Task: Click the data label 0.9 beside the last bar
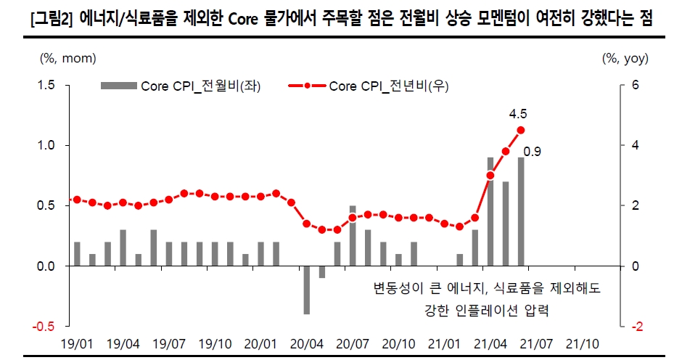tap(533, 152)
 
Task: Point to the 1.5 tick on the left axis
tap(47, 86)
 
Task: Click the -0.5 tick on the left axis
tap(45, 327)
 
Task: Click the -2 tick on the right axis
tap(636, 327)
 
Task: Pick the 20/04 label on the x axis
tap(306, 342)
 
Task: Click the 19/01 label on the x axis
tap(77, 342)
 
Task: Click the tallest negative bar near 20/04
tap(307, 290)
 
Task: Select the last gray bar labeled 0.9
tap(521, 211)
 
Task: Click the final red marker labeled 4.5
tap(521, 130)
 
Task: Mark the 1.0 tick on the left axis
tap(47, 146)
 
